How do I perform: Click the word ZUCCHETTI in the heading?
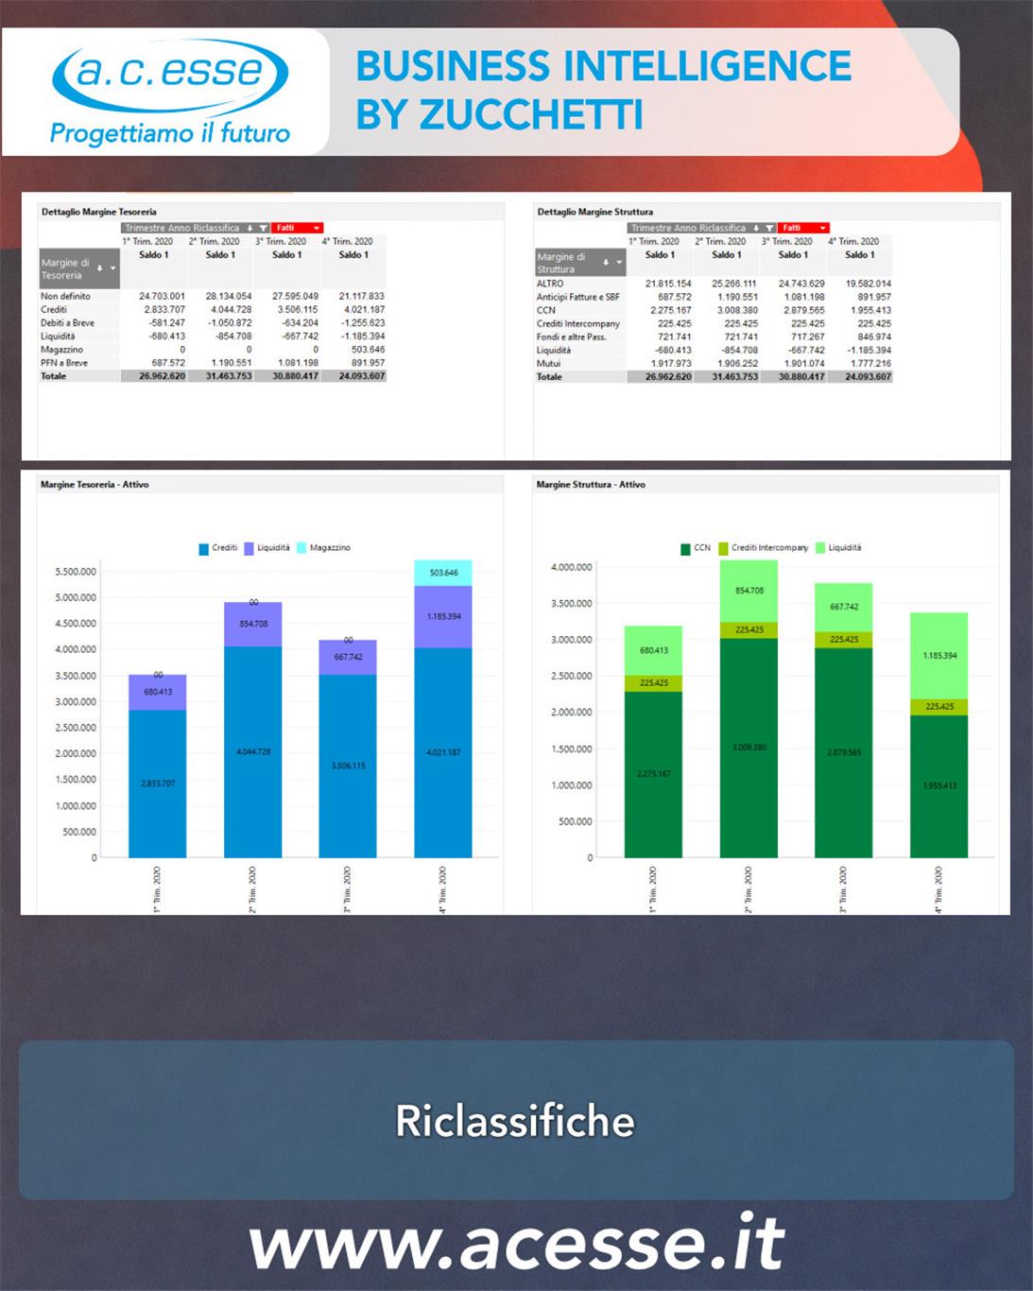(x=530, y=115)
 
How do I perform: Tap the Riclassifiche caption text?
(x=515, y=1121)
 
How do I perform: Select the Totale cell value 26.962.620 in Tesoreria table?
(x=162, y=376)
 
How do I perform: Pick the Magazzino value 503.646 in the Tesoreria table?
(x=368, y=350)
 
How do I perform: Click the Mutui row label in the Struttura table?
(x=549, y=364)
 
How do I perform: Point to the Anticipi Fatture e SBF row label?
(x=578, y=297)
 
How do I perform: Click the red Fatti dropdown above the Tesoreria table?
(x=298, y=228)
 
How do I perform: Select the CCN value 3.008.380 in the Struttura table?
(x=737, y=310)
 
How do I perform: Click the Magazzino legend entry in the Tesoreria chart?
(x=323, y=548)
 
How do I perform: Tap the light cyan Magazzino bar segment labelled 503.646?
(x=443, y=573)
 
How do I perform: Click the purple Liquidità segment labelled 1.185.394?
(x=443, y=616)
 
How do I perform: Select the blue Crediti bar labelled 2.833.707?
(x=158, y=783)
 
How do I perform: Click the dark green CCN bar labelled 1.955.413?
(x=939, y=785)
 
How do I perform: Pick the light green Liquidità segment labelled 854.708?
(x=749, y=591)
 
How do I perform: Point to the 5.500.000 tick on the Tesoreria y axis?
(x=76, y=572)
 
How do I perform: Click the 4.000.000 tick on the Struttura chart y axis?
(x=571, y=567)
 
